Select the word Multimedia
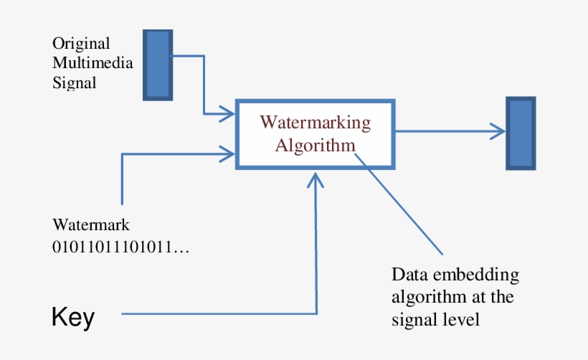coord(93,62)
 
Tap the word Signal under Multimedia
coord(74,82)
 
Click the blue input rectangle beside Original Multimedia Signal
coord(158,65)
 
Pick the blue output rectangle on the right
coord(521,133)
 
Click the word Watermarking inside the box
coord(316,122)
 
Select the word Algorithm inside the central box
coord(316,146)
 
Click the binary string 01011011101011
coord(115,247)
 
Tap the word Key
coord(72,318)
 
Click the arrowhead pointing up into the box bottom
coord(316,179)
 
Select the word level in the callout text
coord(463,319)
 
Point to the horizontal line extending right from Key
coord(215,313)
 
